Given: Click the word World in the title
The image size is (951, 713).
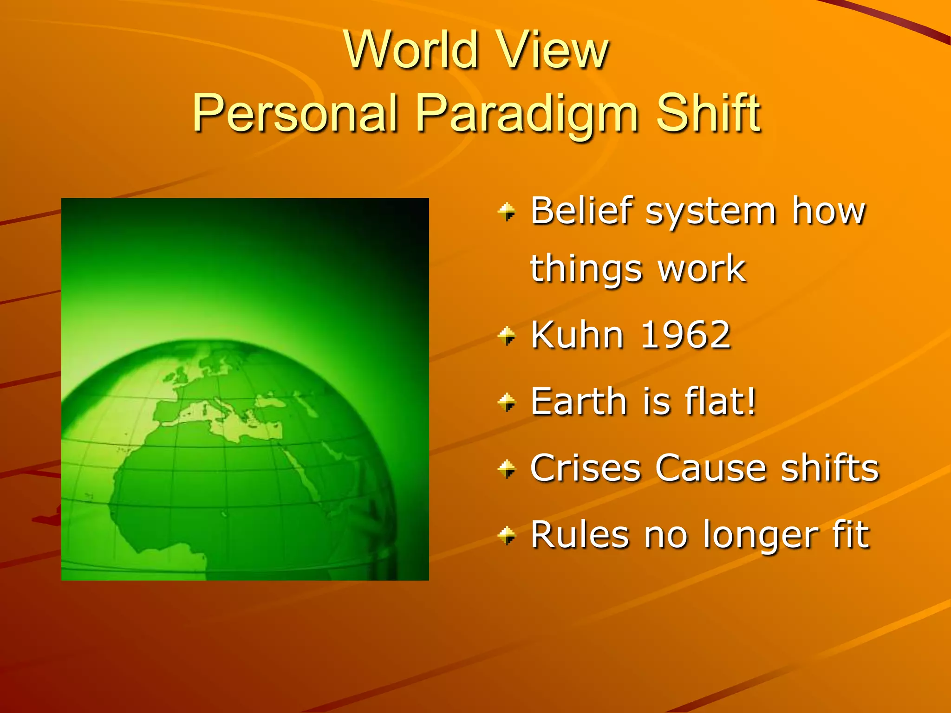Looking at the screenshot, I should tap(411, 50).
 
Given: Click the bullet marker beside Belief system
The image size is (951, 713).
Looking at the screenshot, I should tap(507, 212).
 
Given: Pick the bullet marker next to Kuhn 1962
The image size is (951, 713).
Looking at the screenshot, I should tap(507, 336).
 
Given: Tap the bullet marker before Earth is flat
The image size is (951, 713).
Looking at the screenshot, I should tap(507, 402).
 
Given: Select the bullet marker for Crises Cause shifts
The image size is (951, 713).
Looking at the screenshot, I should tap(507, 469).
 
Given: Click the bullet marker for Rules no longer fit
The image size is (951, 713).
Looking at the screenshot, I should tap(507, 536).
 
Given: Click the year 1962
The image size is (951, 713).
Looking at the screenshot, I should tap(685, 335).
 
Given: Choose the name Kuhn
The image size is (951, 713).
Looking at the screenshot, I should tap(576, 335).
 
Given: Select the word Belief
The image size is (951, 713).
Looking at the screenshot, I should tap(581, 211).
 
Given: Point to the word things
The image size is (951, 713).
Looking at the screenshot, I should tap(586, 269).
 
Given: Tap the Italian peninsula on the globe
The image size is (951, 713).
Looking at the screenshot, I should tap(223, 408).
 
